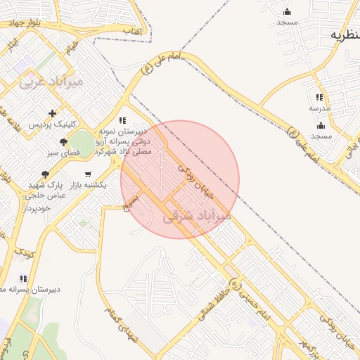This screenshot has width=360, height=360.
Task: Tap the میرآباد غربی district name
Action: tap(51, 82)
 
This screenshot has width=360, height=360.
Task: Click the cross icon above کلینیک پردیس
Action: tap(52, 113)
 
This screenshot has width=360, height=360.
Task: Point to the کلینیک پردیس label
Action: tap(51, 124)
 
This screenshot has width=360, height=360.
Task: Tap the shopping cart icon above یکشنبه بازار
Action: tap(87, 174)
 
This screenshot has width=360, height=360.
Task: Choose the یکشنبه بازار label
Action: tap(88, 185)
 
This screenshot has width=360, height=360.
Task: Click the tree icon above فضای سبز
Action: tap(64, 142)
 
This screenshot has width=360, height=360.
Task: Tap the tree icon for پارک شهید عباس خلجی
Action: tap(46, 174)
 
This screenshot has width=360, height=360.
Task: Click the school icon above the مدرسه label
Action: tap(319, 98)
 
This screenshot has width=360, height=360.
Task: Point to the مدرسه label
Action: tap(319, 109)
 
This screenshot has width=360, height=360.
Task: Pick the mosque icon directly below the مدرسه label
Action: tap(321, 125)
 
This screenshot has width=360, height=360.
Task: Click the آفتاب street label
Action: tap(132, 32)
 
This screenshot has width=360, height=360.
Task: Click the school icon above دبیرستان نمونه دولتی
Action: tap(123, 120)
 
